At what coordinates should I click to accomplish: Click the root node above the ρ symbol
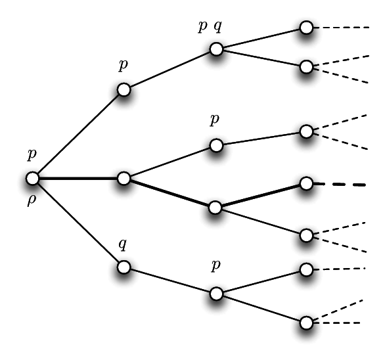coord(32,178)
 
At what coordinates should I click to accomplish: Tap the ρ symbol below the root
coord(32,201)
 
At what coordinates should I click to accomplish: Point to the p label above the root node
coord(32,154)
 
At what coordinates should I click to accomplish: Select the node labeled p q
coord(216,49)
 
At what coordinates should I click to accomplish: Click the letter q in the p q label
coord(218,26)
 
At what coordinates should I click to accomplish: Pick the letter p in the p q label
coord(202,26)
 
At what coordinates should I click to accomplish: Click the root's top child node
coord(124,89)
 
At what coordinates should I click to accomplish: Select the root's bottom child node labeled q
coord(124,267)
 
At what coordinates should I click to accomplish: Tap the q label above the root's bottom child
coord(123,244)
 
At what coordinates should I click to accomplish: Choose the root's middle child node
coord(124,178)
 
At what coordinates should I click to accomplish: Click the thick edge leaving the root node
coord(78,179)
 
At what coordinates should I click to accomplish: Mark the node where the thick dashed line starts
coord(306,183)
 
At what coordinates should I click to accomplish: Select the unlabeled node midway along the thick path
coord(215,208)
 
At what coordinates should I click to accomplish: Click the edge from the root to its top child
coord(78,134)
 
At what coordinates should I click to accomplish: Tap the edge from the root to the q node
coord(78,223)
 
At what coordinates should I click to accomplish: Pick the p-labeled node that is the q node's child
coord(216,294)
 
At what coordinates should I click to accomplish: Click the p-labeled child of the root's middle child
coord(216,145)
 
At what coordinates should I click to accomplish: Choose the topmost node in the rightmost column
coord(306,28)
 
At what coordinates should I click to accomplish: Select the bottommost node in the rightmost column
coord(306,323)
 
